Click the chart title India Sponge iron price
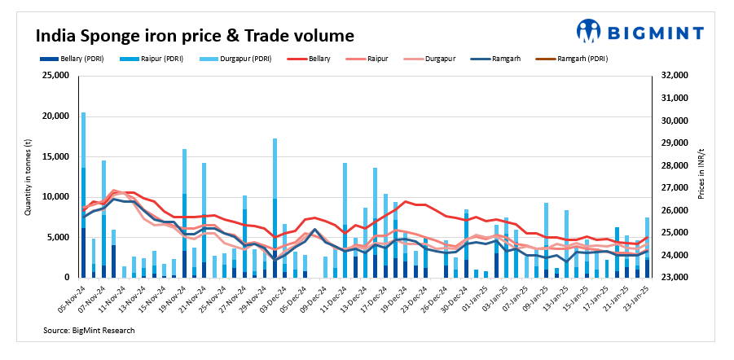pyautogui.click(x=194, y=36)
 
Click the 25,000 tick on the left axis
pyautogui.click(x=55, y=76)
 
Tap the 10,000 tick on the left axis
pyautogui.click(x=55, y=197)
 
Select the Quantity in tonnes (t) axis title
pyautogui.click(x=29, y=177)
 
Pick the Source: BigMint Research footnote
pyautogui.click(x=90, y=331)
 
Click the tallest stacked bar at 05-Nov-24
pyautogui.click(x=83, y=195)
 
